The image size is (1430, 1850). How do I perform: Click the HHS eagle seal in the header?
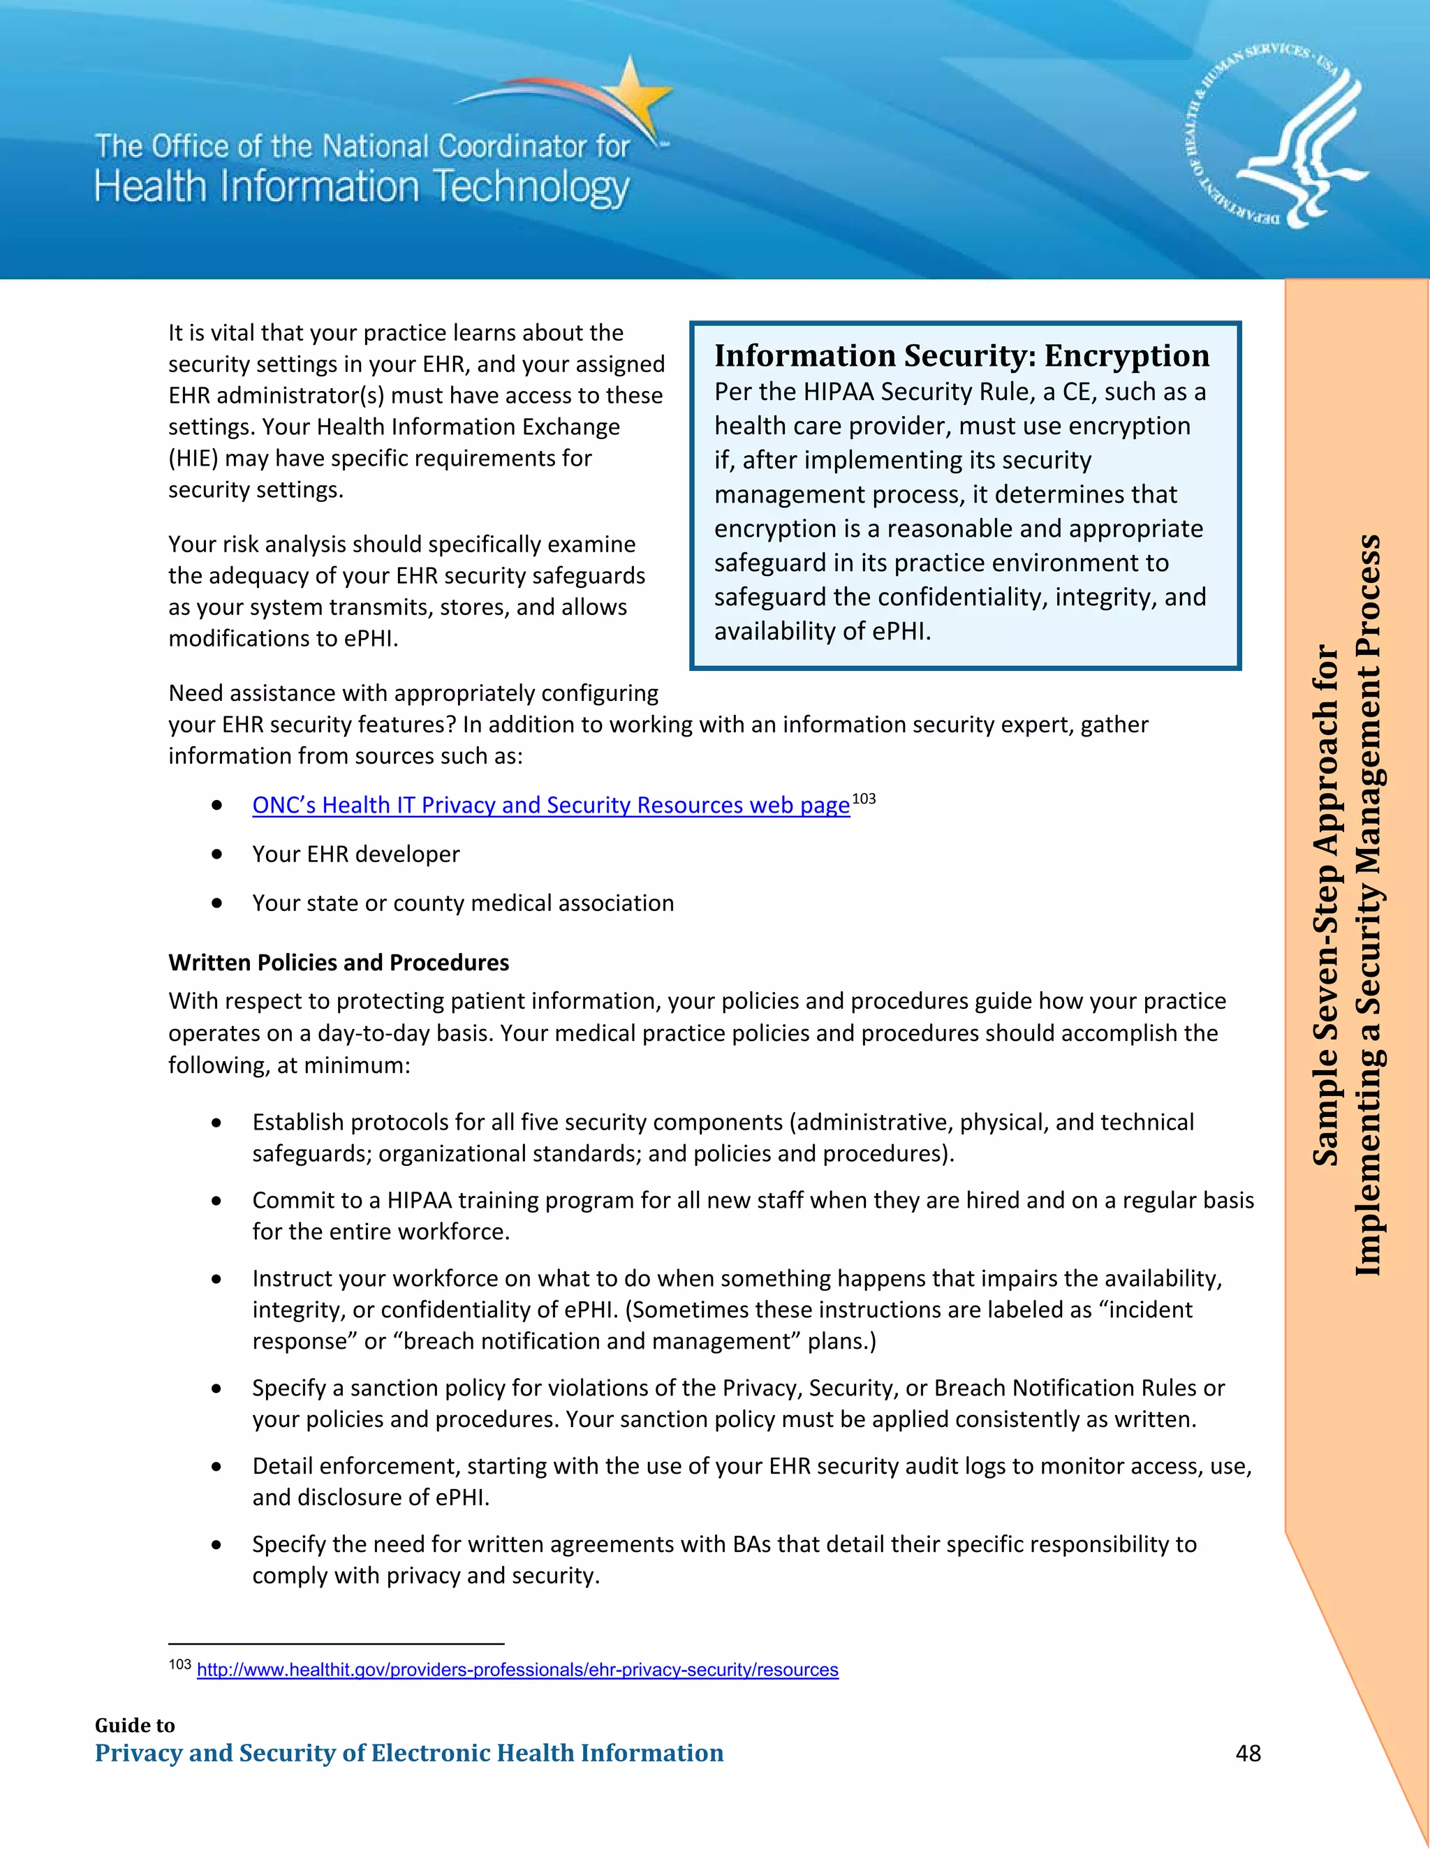(1276, 135)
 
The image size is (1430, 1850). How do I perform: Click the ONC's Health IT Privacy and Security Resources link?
(551, 805)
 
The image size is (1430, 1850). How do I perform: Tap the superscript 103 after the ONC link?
(863, 799)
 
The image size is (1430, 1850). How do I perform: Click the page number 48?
(1248, 1752)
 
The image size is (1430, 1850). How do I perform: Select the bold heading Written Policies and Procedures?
(338, 962)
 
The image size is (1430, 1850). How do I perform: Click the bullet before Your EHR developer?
(217, 854)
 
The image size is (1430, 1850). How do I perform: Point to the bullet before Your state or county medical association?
(217, 903)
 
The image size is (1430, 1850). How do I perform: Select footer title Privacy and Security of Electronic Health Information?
(409, 1752)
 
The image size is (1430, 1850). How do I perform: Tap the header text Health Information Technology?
(362, 187)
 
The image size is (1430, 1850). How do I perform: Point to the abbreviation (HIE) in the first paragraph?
(193, 458)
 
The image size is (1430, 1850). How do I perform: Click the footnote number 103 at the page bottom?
(179, 1664)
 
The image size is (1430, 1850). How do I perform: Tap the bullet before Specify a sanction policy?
(217, 1389)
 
